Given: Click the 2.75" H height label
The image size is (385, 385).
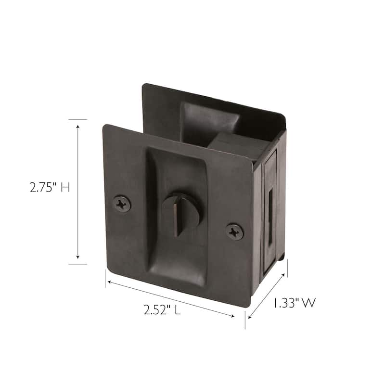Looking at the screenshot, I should point(50,187).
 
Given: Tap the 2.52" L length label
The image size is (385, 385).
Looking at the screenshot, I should point(162,310).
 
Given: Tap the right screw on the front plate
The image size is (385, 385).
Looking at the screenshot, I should point(234,231).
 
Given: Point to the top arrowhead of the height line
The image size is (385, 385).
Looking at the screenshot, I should point(77,124).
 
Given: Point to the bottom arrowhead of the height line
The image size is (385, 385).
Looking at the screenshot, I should point(77,260).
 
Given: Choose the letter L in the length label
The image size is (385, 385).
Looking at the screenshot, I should point(178,310).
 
